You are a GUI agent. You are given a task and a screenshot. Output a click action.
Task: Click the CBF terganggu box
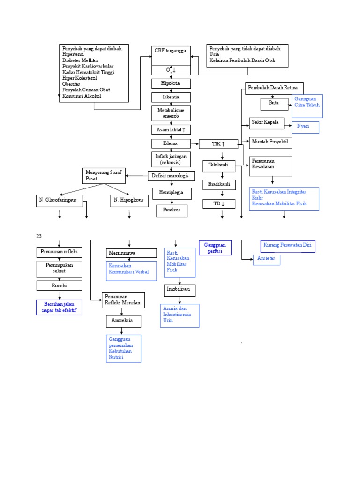[171, 55]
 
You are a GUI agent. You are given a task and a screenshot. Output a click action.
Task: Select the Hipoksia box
[171, 83]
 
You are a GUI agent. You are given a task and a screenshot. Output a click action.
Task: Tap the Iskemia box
[171, 97]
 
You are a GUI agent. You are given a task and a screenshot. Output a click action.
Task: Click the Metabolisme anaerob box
[171, 113]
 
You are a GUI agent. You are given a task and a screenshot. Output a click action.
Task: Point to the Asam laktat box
[171, 129]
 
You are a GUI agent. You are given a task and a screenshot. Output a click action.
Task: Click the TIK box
[218, 144]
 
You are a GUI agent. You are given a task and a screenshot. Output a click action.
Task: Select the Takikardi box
[222, 165]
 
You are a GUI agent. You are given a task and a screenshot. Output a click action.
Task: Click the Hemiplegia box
[171, 193]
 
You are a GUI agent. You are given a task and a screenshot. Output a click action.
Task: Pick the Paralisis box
[172, 210]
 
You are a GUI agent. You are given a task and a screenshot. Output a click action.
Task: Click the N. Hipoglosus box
[129, 201]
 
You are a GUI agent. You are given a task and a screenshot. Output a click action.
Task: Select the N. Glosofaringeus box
[60, 201]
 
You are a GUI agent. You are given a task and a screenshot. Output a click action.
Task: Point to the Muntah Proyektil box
[270, 142]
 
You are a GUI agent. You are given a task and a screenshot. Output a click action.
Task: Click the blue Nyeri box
[305, 127]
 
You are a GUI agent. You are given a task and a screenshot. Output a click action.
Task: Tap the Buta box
[274, 104]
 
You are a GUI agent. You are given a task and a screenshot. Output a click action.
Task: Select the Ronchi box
[60, 285]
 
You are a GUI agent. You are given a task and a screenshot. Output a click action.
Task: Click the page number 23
[39, 236]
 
